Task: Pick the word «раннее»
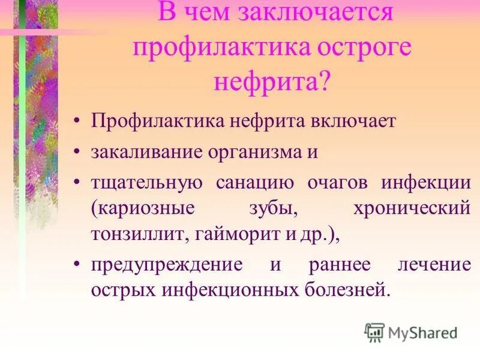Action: pos(338,264)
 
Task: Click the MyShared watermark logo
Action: pos(410,331)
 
